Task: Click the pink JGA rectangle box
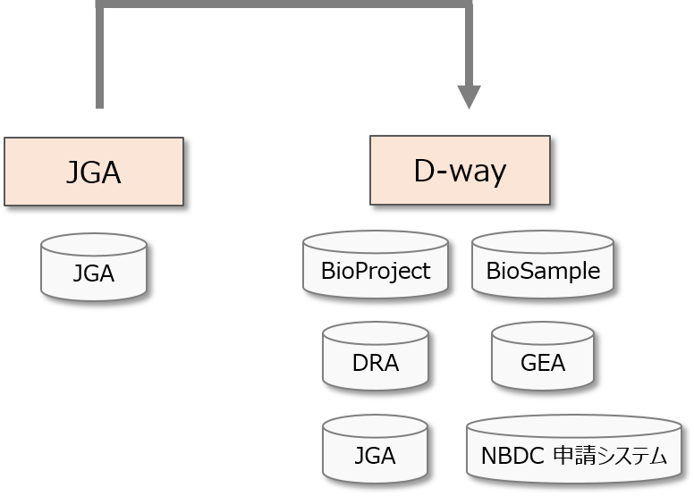click(93, 172)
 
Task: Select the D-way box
click(460, 171)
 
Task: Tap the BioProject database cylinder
click(375, 265)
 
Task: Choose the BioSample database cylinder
click(542, 265)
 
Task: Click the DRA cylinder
click(375, 358)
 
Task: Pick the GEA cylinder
click(542, 358)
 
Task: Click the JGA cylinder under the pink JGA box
click(93, 268)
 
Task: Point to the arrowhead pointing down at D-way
click(469, 97)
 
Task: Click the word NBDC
click(513, 456)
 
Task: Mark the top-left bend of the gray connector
click(99, 6)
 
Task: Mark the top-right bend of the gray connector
click(469, 6)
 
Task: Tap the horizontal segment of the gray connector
click(284, 6)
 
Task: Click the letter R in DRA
click(375, 364)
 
